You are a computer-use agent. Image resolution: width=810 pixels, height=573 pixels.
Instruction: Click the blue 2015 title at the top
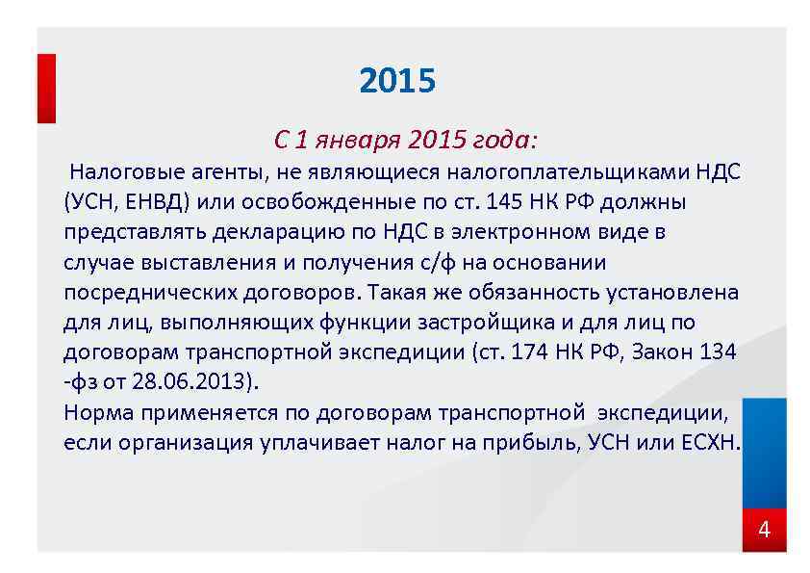[397, 81]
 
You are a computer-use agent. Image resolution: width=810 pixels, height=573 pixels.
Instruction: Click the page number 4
[765, 530]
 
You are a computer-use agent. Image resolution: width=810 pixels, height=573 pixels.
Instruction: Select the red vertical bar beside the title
[46, 88]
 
